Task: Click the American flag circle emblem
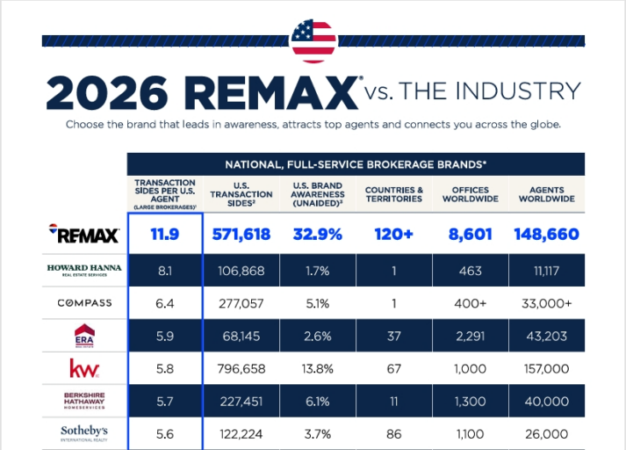(x=313, y=41)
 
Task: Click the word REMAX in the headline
(x=271, y=92)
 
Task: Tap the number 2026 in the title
(x=107, y=92)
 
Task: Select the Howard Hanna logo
(x=84, y=270)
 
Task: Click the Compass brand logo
(x=84, y=303)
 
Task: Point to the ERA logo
(x=84, y=336)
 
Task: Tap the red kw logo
(x=84, y=368)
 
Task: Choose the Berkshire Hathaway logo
(x=84, y=401)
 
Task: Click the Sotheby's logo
(x=84, y=433)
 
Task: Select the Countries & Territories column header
(x=394, y=194)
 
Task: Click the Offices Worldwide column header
(x=471, y=194)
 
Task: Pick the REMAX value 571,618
(x=241, y=234)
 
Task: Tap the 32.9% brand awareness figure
(x=318, y=234)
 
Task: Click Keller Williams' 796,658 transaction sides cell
(x=241, y=368)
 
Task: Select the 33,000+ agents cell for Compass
(x=547, y=303)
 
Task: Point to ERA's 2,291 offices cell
(x=471, y=336)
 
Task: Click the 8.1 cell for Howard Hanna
(x=165, y=271)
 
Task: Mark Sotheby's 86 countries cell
(x=394, y=434)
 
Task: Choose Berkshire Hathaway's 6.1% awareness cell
(x=318, y=402)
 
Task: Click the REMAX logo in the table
(x=84, y=234)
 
